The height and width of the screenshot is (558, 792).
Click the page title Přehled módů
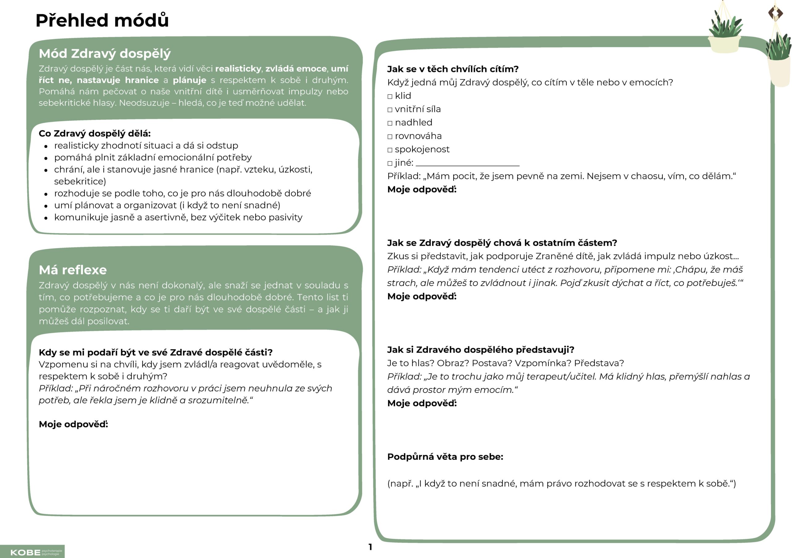pyautogui.click(x=102, y=20)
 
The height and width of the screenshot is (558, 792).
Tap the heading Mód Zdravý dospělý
pyautogui.click(x=105, y=54)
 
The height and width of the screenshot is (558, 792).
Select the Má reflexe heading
pyautogui.click(x=73, y=270)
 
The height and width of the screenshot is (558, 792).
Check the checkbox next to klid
pyautogui.click(x=390, y=97)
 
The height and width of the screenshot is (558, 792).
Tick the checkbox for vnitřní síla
pyautogui.click(x=390, y=110)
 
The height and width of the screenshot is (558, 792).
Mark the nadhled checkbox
pyautogui.click(x=390, y=123)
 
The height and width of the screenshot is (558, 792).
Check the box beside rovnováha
pyautogui.click(x=390, y=137)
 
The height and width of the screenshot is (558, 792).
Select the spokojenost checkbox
pyautogui.click(x=390, y=150)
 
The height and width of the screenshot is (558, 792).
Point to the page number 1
pyautogui.click(x=370, y=547)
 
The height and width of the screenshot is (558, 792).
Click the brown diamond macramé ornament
pyautogui.click(x=775, y=13)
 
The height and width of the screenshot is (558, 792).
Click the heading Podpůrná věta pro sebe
pyautogui.click(x=445, y=457)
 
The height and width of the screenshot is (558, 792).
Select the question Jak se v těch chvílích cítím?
pyautogui.click(x=453, y=69)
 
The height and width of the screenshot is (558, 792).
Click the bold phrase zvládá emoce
pyautogui.click(x=296, y=69)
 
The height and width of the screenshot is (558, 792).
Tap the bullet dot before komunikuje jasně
pyautogui.click(x=46, y=218)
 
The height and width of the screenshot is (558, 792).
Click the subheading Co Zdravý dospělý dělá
pyautogui.click(x=95, y=133)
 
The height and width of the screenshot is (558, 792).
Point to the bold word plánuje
pyautogui.click(x=189, y=80)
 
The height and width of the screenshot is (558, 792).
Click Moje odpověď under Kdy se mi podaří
pyautogui.click(x=73, y=424)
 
